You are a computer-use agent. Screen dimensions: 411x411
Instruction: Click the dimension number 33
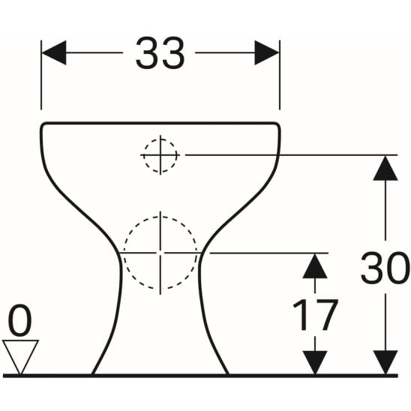pos(160,53)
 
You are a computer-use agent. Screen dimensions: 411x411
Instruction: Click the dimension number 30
pos(385,268)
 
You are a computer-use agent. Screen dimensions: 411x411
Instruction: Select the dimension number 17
pos(315,314)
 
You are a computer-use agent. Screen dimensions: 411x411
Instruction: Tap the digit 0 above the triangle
pos(19,320)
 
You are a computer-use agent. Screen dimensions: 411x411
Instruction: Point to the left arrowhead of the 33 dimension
pos(54,52)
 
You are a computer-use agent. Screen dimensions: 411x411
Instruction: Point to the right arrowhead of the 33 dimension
pos(267,52)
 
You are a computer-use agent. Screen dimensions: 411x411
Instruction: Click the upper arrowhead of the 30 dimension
pos(385,168)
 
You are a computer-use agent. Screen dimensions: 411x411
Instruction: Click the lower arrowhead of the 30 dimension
pos(385,362)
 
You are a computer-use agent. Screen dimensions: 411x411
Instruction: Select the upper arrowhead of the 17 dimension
pos(315,265)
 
